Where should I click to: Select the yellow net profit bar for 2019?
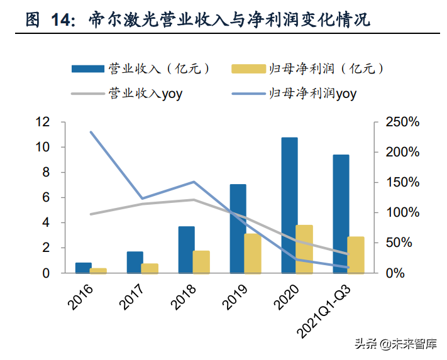[252, 253]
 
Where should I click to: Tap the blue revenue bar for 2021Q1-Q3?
[341, 214]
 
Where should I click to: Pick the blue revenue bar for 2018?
[186, 249]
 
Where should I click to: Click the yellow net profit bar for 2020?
[304, 249]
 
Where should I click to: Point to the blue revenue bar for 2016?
[84, 268]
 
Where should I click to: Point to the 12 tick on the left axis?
[42, 122]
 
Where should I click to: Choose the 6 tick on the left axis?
[46, 197]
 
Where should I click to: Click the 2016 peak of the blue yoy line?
[91, 132]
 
